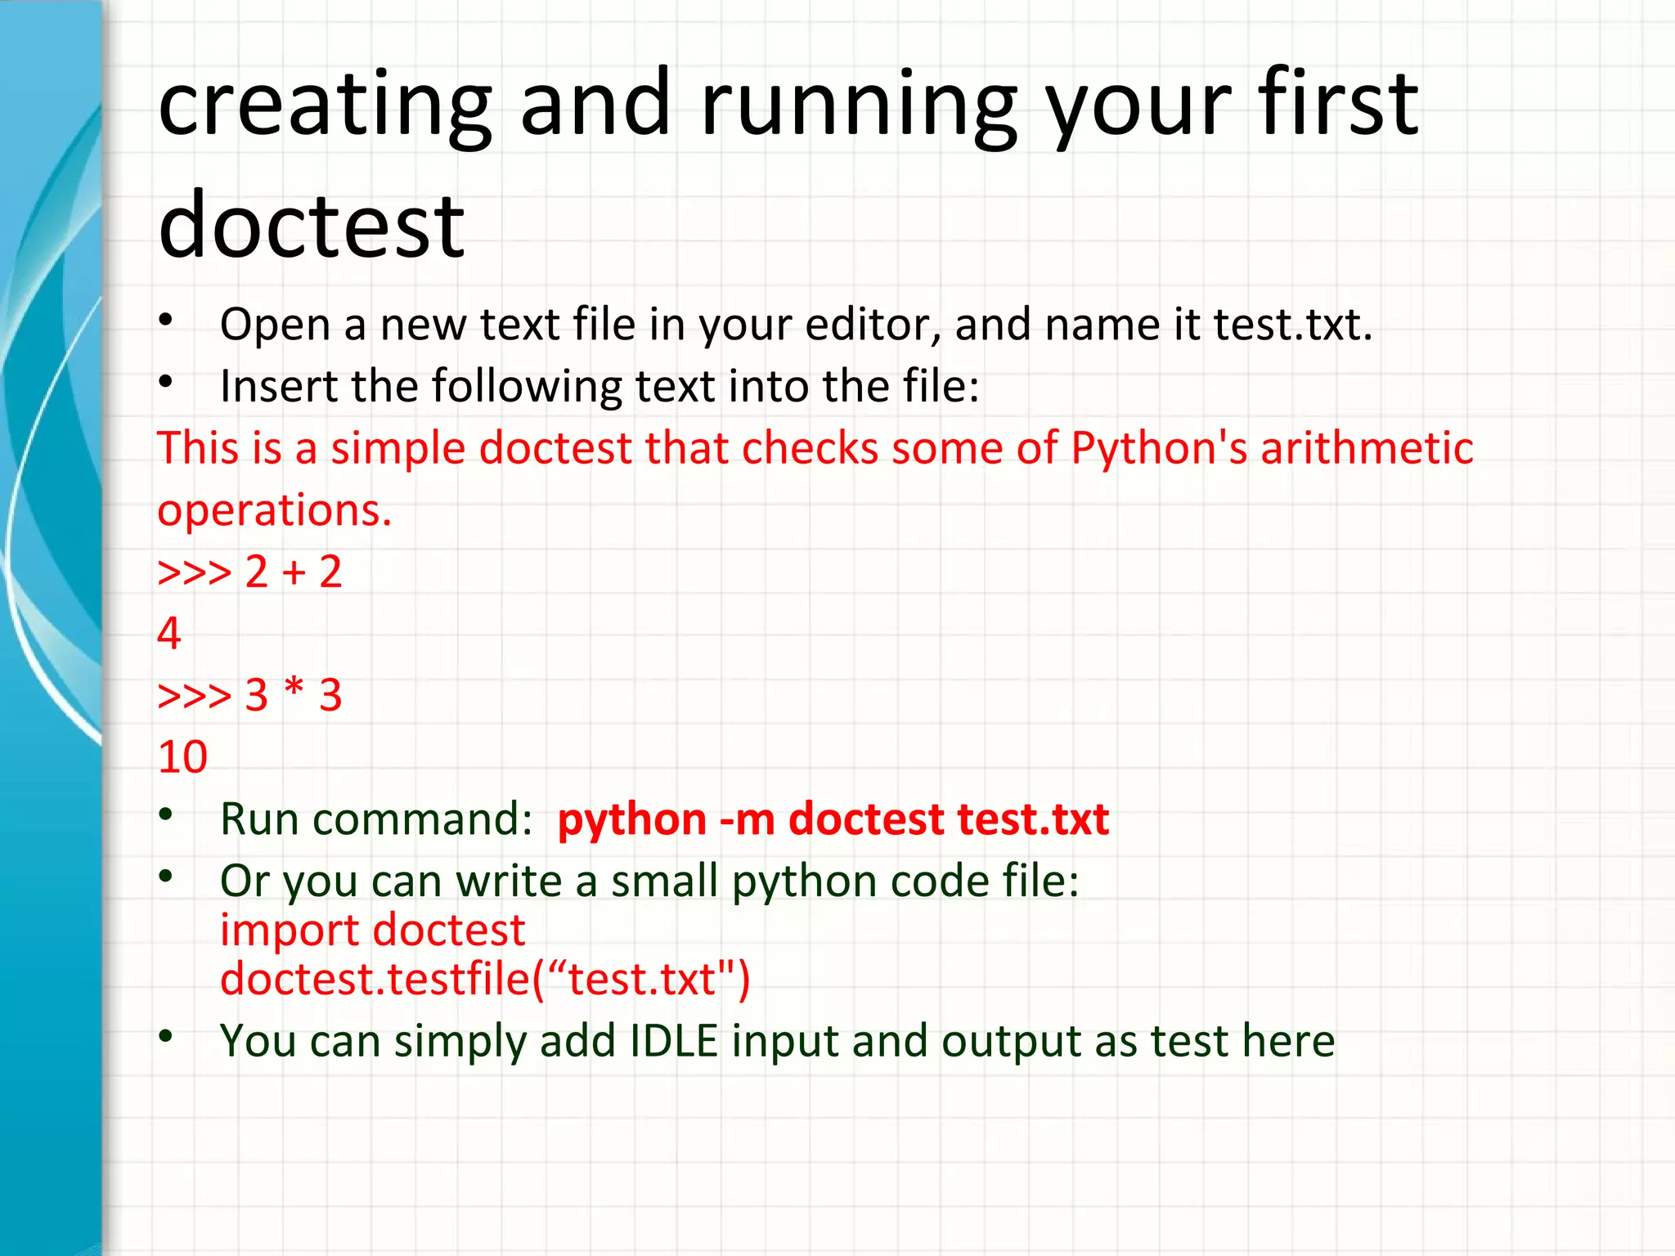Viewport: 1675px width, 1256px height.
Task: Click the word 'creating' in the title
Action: pos(325,104)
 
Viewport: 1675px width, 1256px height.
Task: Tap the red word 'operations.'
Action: pos(275,510)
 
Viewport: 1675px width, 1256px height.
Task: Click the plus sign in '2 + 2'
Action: pos(294,572)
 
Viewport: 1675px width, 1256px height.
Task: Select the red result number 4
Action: pos(169,634)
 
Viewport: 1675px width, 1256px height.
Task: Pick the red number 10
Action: pos(182,757)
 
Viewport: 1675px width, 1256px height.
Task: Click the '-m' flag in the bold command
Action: pos(747,819)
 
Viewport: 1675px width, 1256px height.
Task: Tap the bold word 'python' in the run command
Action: pos(631,819)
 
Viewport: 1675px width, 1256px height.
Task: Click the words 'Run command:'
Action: pos(376,819)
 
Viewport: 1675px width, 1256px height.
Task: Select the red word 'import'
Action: pos(290,931)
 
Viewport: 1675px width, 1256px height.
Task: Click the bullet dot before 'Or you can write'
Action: pos(166,877)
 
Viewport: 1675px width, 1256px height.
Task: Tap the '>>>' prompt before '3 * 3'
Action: pos(195,696)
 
